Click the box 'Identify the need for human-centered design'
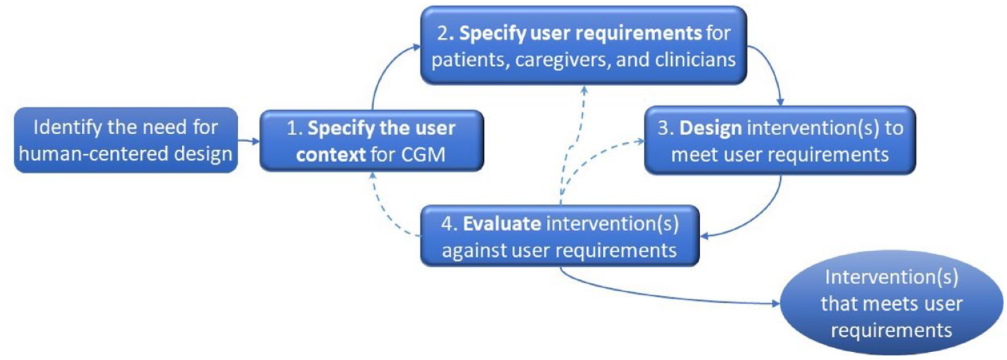point(126,140)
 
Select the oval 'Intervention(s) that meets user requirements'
point(892,303)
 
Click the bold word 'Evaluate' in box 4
point(502,224)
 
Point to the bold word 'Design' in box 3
point(710,128)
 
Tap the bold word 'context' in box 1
point(331,155)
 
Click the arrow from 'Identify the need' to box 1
point(249,141)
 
